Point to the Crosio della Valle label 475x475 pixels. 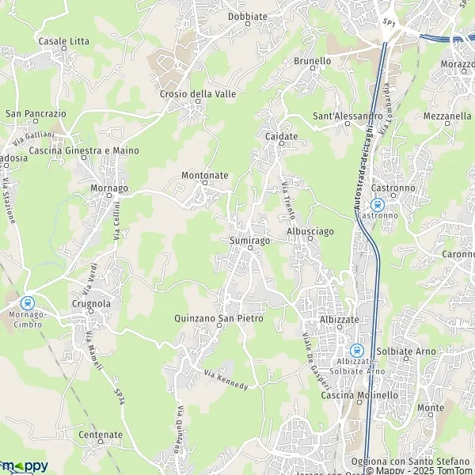point(198,93)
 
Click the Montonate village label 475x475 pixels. point(204,175)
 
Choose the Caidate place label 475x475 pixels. point(281,136)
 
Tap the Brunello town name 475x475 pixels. point(312,60)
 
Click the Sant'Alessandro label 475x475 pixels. point(348,116)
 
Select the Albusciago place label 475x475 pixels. point(311,230)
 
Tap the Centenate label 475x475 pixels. point(101,435)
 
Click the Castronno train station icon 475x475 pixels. point(376,203)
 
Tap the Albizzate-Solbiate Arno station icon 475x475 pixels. point(356,349)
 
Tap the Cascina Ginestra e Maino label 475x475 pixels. point(83,150)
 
